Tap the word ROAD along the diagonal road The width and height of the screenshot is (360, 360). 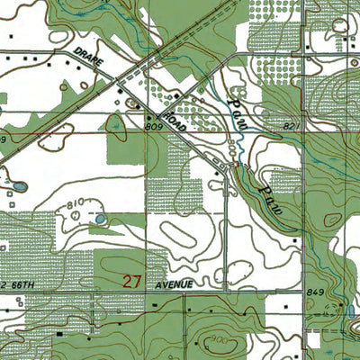(175, 122)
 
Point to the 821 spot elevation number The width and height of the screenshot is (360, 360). (291, 127)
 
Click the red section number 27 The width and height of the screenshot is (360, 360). (131, 282)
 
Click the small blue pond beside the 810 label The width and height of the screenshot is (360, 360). (99, 218)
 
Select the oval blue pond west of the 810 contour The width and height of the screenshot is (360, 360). (19, 188)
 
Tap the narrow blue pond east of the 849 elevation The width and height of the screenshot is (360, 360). (350, 310)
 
